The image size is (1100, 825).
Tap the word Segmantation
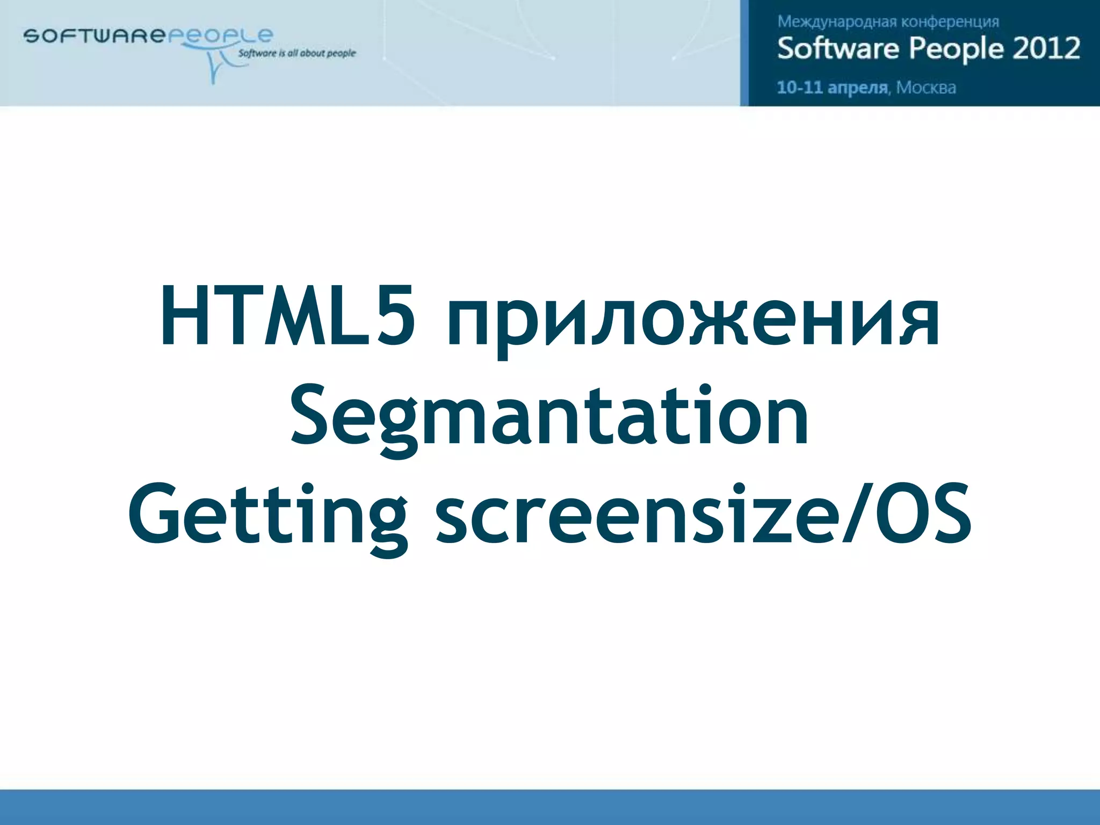[x=549, y=416]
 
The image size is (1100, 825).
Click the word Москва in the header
[x=926, y=88]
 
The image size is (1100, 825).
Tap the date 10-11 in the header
[x=800, y=88]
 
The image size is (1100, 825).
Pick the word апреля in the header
[x=858, y=88]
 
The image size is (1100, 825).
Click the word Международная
[x=837, y=22]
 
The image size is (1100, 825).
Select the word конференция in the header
[x=950, y=22]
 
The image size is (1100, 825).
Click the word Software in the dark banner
[x=838, y=48]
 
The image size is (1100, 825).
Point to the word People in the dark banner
[x=956, y=48]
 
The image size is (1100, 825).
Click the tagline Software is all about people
[x=296, y=53]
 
